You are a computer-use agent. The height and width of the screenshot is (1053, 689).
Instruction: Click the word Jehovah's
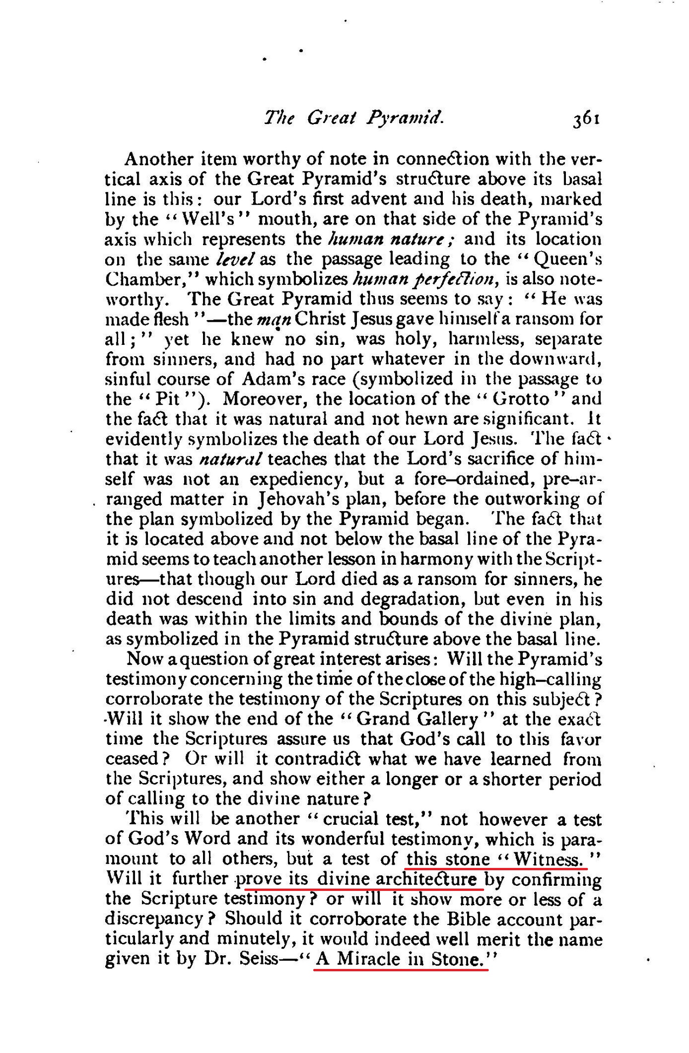coord(294,499)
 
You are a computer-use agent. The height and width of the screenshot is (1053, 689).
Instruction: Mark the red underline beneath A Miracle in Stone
coord(401,969)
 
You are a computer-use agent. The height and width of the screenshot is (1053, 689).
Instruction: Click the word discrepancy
coord(154,919)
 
